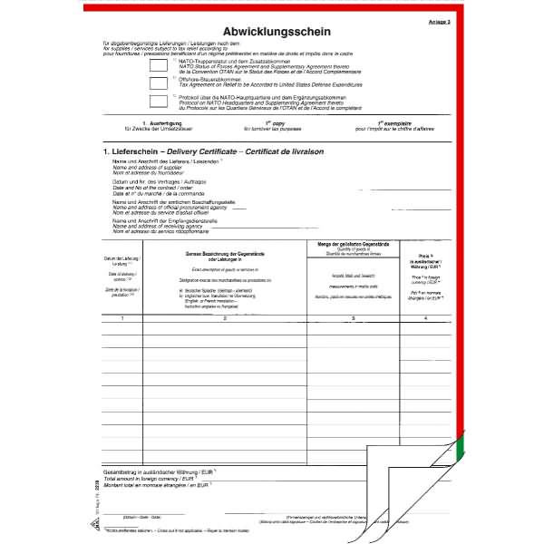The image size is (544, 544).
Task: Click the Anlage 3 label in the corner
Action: (439, 20)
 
